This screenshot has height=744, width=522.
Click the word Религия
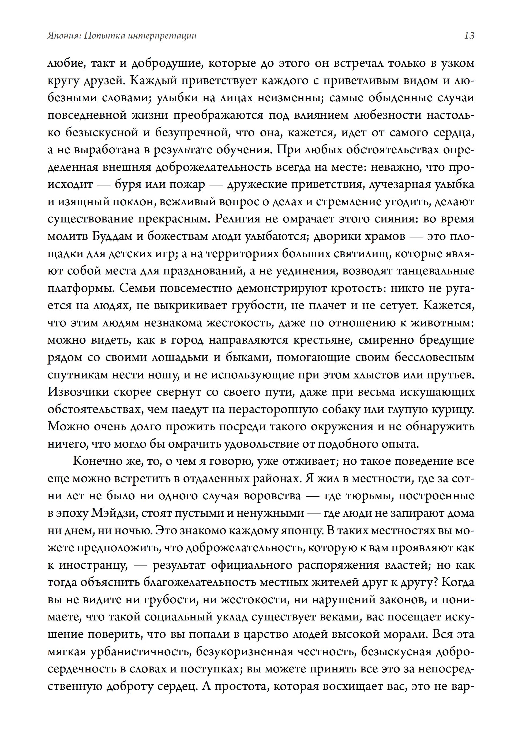tap(238, 219)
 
